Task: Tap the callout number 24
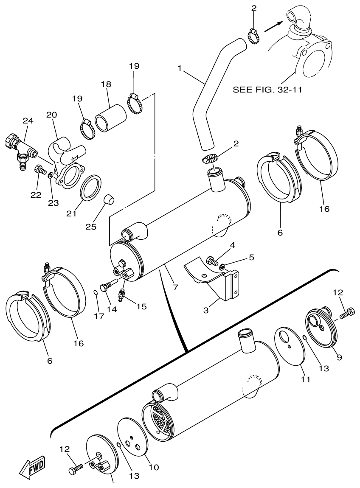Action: pos(28,121)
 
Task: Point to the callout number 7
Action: pos(175,287)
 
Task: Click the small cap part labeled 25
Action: pos(110,198)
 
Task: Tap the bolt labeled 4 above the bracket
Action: pos(211,261)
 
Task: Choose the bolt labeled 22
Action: pos(39,170)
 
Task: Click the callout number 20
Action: pos(51,115)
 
